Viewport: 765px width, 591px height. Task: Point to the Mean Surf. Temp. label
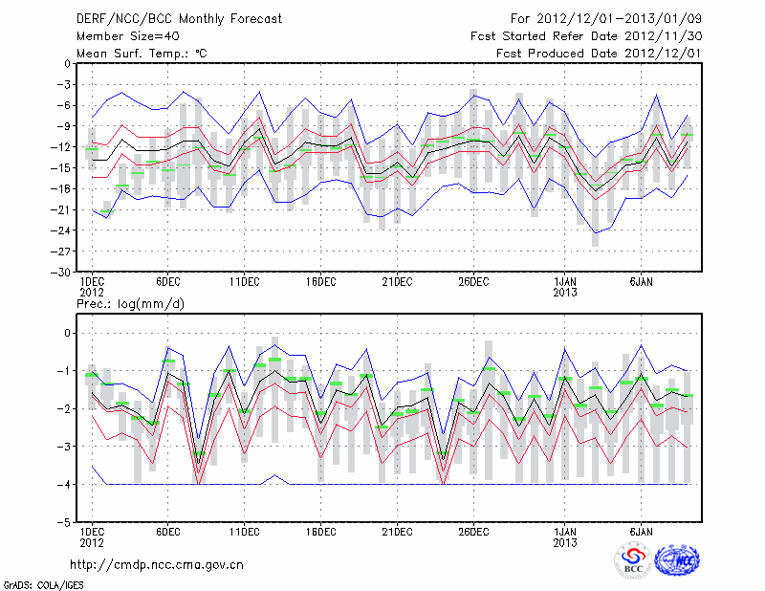click(142, 54)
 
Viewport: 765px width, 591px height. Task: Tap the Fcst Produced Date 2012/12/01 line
click(599, 54)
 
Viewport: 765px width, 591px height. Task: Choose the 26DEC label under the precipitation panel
click(473, 532)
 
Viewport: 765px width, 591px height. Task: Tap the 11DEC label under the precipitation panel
click(244, 532)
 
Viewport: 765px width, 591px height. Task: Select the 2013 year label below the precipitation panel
click(565, 542)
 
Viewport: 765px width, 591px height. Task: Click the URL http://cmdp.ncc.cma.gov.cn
click(157, 564)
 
